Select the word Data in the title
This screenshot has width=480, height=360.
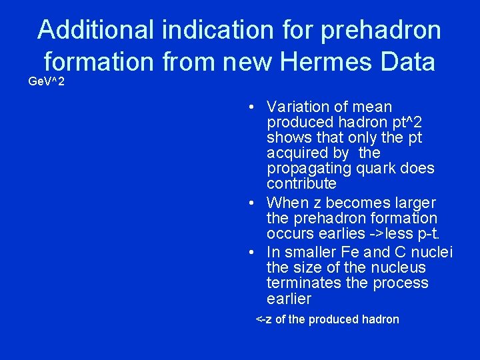[407, 62]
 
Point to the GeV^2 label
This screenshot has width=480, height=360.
[47, 82]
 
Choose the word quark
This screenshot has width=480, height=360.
[377, 168]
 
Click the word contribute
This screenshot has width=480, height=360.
[301, 183]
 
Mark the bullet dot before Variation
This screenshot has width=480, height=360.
[247, 107]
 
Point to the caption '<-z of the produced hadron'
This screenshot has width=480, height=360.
[327, 319]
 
